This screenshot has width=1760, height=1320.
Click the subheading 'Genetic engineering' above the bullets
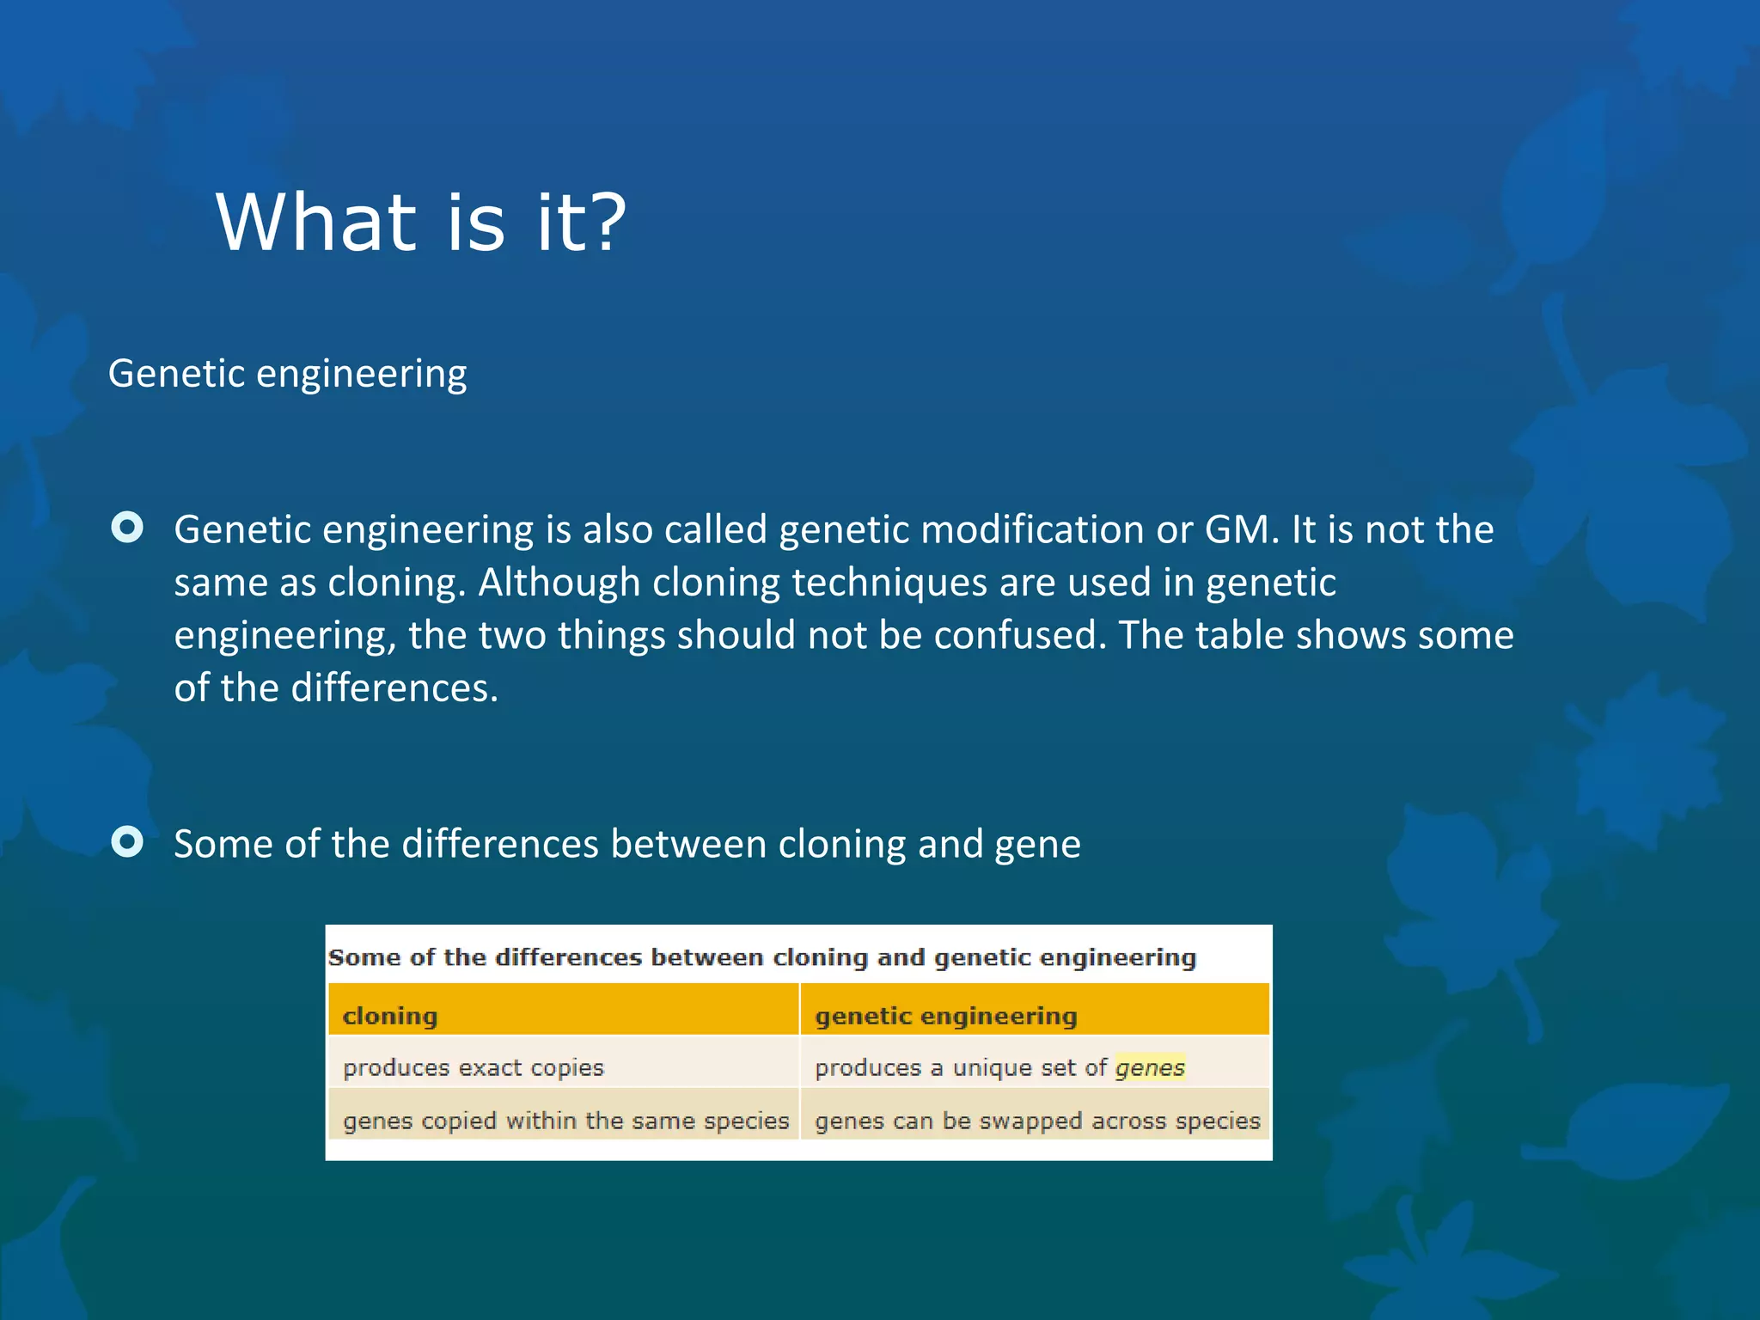(287, 374)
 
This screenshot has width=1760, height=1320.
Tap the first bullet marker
(127, 528)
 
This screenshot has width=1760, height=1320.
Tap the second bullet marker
(127, 842)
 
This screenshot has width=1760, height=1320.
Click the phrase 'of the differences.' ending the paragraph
(336, 688)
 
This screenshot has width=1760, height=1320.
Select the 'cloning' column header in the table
(390, 1016)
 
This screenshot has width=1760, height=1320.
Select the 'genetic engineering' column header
(945, 1016)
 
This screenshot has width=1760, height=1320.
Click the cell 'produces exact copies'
(474, 1067)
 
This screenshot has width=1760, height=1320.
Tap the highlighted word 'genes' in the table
(1150, 1067)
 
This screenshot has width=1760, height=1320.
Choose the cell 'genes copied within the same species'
(565, 1121)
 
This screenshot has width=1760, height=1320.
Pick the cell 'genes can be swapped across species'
(1037, 1121)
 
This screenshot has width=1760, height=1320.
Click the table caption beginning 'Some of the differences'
(761, 957)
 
